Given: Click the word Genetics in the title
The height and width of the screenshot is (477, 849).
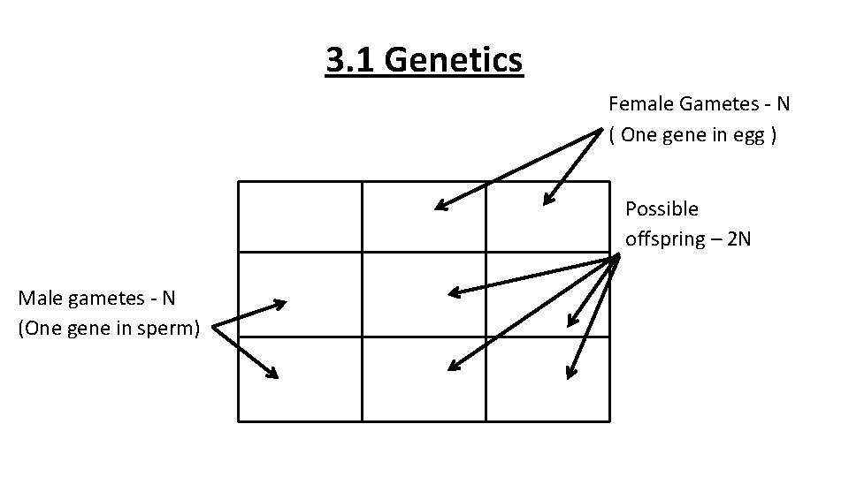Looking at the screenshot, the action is (454, 61).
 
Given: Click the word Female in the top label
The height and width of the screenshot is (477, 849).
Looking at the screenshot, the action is (641, 104).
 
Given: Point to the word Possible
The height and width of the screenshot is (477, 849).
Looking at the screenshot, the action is (662, 209).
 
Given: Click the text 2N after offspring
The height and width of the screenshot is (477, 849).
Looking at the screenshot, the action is (738, 239).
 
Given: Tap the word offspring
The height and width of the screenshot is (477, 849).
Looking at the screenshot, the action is (663, 239).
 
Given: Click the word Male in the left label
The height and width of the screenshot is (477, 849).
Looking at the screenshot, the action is (38, 298).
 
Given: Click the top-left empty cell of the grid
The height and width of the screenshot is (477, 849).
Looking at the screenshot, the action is (300, 216).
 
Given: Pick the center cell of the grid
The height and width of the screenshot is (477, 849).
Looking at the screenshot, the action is (424, 294).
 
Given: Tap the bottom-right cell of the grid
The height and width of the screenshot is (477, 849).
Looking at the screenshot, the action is (547, 378).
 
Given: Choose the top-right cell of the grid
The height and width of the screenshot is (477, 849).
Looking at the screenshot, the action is (547, 216).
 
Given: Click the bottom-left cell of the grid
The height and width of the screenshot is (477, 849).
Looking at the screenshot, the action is (300, 378).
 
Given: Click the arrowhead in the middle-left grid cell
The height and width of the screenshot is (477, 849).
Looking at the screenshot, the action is (283, 304).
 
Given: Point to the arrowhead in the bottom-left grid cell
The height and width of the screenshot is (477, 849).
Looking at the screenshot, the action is (273, 375).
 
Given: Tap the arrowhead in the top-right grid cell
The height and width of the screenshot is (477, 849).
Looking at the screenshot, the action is (547, 201).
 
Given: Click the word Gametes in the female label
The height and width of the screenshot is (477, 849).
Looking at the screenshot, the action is (715, 104).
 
